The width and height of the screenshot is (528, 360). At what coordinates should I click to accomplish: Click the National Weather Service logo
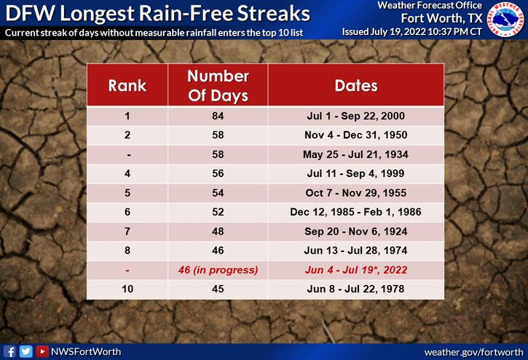505,18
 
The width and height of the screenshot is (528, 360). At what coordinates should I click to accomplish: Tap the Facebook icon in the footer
9,351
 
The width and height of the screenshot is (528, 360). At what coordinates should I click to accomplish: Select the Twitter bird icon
25,351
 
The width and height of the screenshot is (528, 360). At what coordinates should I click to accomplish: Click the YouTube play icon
42,351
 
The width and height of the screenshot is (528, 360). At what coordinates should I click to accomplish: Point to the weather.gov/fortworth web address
474,352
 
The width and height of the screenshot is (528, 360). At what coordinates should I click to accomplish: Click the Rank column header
127,85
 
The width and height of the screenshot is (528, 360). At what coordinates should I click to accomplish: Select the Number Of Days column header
218,85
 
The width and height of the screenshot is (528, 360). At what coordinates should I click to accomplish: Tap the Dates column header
356,85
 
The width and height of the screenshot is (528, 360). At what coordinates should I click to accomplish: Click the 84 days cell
218,116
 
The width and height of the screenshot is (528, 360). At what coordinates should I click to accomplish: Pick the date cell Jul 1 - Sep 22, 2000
355,116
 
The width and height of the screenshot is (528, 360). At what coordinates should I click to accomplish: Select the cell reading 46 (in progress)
218,270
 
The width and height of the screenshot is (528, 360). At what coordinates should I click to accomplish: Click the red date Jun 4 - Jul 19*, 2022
356,270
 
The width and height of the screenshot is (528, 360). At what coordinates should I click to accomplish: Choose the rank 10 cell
127,289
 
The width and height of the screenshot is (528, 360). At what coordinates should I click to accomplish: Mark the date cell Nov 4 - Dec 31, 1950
355,135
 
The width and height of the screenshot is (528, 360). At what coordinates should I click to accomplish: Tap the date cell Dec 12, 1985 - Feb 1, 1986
355,212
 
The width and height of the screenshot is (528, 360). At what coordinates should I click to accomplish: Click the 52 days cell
218,212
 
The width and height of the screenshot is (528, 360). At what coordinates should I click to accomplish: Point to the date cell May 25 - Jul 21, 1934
355,154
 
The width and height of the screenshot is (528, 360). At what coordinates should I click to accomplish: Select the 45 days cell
218,289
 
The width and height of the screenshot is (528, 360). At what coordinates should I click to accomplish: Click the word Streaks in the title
273,13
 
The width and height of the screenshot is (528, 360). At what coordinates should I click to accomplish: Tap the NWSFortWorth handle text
85,352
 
